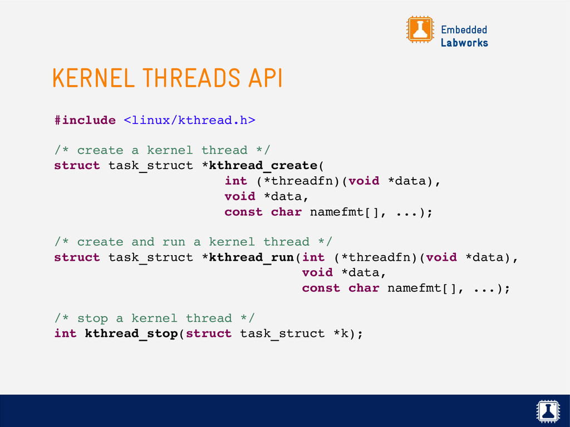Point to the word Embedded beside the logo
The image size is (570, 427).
click(464, 29)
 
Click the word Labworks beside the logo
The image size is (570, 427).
click(464, 43)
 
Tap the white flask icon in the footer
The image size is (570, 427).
click(548, 411)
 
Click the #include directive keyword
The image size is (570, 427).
click(85, 120)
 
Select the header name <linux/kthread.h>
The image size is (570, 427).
click(189, 120)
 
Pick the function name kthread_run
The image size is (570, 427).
click(251, 257)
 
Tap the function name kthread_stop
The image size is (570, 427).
click(131, 334)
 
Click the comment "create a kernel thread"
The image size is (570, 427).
click(162, 150)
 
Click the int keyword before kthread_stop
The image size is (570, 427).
click(65, 334)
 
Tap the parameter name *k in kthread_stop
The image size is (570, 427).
click(344, 334)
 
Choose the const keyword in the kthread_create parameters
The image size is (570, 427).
click(243, 212)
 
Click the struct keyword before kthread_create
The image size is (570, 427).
click(77, 166)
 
